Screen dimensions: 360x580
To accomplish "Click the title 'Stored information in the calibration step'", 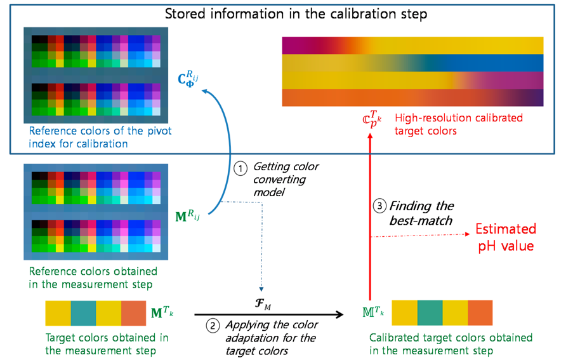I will coord(296,13).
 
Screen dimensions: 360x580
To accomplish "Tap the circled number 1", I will coord(240,168).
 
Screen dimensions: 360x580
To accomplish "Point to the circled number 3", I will coord(379,206).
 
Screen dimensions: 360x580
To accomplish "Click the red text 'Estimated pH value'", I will coord(505,237).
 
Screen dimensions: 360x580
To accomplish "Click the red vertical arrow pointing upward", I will coord(370,216).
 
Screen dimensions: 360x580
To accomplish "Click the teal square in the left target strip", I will coord(83,313).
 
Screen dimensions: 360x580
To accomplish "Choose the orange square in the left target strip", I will coord(133,313).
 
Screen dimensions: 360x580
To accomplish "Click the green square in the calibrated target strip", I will coord(430,313).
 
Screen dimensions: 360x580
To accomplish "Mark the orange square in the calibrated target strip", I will coord(480,313).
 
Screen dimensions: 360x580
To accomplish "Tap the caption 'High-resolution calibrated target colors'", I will coord(459,123).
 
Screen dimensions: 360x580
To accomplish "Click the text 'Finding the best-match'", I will coord(421,213).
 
